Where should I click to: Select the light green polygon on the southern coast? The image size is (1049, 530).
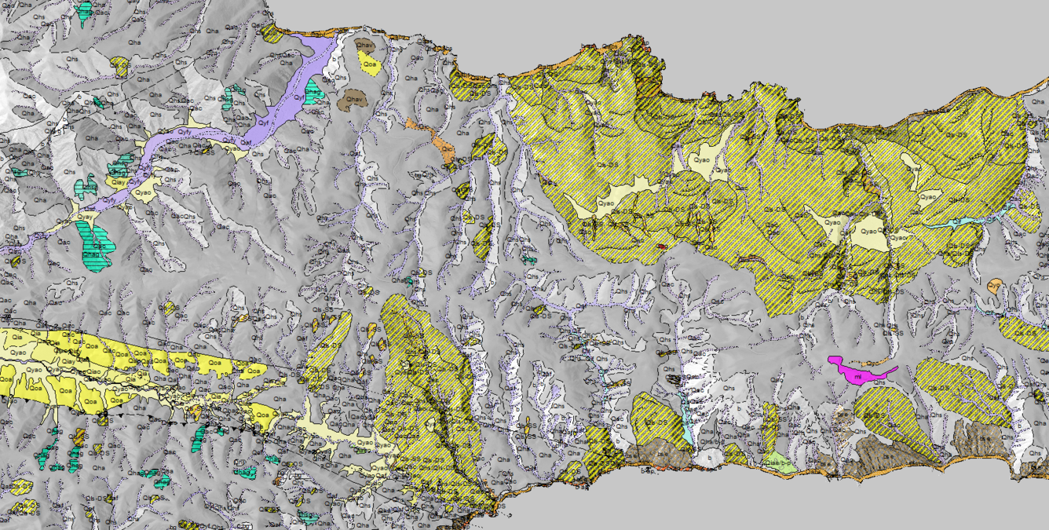pos(780,459)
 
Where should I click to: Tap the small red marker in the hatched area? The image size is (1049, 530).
pos(662,246)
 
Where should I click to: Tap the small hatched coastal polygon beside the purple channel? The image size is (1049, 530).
pos(272,34)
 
